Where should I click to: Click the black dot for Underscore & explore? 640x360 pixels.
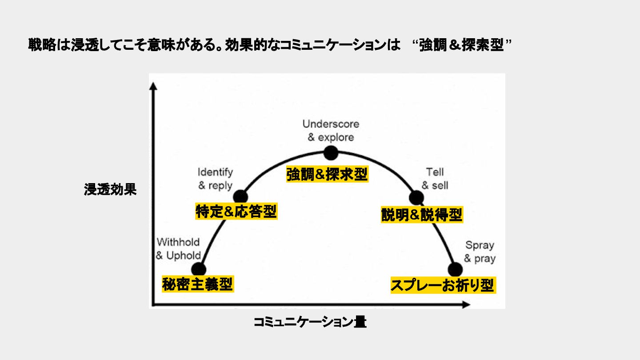[331, 153]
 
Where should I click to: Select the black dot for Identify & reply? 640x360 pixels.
[240, 196]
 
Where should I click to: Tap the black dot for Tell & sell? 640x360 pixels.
[416, 198]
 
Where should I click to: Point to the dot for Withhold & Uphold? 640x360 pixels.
[199, 269]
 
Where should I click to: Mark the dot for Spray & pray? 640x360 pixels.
[455, 269]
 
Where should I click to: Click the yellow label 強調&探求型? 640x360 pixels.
[327, 175]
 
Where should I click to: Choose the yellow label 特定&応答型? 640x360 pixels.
[236, 212]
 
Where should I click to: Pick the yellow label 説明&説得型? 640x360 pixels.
[422, 215]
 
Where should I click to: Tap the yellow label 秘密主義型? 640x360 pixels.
[197, 284]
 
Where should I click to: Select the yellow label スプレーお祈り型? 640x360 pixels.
[442, 285]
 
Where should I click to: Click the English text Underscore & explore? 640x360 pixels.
[331, 130]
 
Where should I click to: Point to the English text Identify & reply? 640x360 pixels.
[215, 179]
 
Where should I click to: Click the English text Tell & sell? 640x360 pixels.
[435, 179]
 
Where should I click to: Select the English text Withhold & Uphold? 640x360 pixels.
[178, 249]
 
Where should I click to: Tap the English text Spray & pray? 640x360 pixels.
[480, 252]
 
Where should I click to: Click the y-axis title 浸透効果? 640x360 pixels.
[110, 190]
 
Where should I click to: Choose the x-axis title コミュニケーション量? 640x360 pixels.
[310, 322]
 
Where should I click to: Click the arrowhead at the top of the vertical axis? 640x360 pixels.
[154, 85]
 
